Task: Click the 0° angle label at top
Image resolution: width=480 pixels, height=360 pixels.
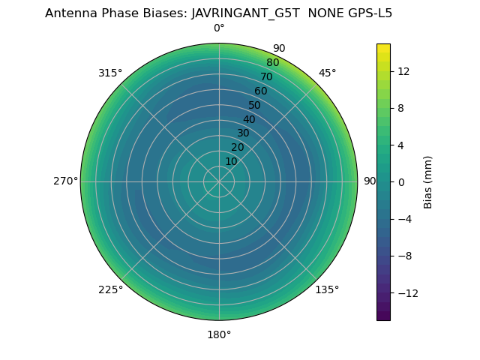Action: pyautogui.click(x=219, y=28)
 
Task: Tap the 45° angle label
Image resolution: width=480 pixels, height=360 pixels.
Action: pyautogui.click(x=327, y=73)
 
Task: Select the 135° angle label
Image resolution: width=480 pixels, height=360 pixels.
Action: pyautogui.click(x=327, y=289)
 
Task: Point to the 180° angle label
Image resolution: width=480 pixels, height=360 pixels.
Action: pyautogui.click(x=219, y=334)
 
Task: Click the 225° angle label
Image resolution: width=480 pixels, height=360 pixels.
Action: pyautogui.click(x=110, y=289)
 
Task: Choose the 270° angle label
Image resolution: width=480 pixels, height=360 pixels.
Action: pyautogui.click(x=65, y=181)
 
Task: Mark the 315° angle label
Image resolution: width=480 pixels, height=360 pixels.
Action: pyautogui.click(x=110, y=73)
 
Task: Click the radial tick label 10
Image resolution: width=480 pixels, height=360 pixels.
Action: pyautogui.click(x=231, y=161)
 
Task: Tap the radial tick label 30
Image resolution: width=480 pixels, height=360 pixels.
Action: pyautogui.click(x=243, y=133)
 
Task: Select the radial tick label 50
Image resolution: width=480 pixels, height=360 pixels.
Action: pyautogui.click(x=255, y=105)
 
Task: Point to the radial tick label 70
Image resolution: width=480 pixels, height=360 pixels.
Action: pyautogui.click(x=266, y=76)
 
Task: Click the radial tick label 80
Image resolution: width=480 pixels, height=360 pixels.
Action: pyautogui.click(x=272, y=62)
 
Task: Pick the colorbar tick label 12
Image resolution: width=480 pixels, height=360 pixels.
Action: pyautogui.click(x=403, y=71)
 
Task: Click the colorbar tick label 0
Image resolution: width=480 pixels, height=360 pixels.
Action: pyautogui.click(x=400, y=181)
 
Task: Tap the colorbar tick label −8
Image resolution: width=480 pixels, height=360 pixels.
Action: pyautogui.click(x=403, y=256)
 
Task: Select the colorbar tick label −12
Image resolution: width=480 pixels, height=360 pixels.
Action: pyautogui.click(x=406, y=292)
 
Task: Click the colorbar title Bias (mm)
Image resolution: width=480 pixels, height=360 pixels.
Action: pyautogui.click(x=428, y=181)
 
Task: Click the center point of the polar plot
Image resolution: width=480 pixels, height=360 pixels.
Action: pyautogui.click(x=219, y=181)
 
